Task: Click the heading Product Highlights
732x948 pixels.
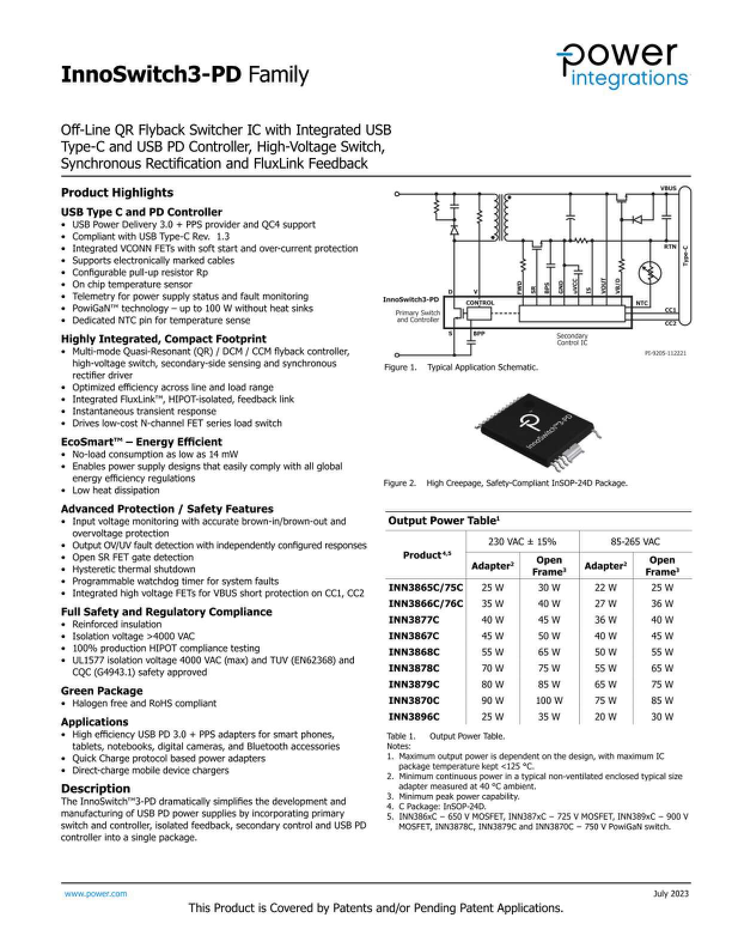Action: [117, 192]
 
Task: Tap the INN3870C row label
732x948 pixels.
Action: [414, 700]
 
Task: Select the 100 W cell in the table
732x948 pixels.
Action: [549, 700]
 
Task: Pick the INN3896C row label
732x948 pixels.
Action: [414, 716]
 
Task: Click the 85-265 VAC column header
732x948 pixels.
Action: [635, 542]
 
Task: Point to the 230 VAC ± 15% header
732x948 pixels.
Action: [522, 542]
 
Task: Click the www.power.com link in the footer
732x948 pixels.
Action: [96, 894]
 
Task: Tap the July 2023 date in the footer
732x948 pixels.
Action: [670, 894]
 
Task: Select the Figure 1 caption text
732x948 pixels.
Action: [461, 367]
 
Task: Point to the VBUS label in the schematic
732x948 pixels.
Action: [668, 189]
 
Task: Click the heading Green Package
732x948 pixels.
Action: [102, 691]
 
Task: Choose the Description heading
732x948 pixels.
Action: [96, 788]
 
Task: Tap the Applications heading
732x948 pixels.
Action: [94, 722]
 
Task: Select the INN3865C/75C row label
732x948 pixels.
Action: [426, 587]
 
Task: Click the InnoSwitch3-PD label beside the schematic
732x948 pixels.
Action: [411, 299]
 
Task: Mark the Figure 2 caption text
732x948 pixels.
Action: [505, 483]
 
